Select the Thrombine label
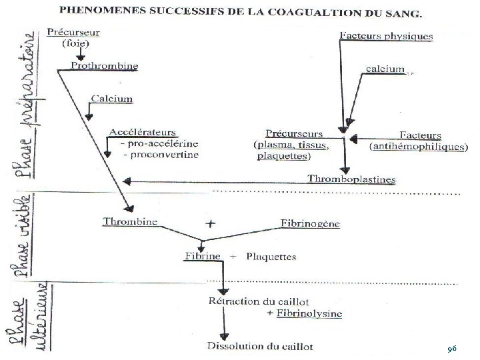tap(130, 221)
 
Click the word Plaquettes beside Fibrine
tap(271, 256)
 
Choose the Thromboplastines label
tap(351, 179)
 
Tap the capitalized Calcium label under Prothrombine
tap(110, 99)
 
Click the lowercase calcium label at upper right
tap(385, 69)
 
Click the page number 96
tap(452, 348)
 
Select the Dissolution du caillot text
tap(260, 346)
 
